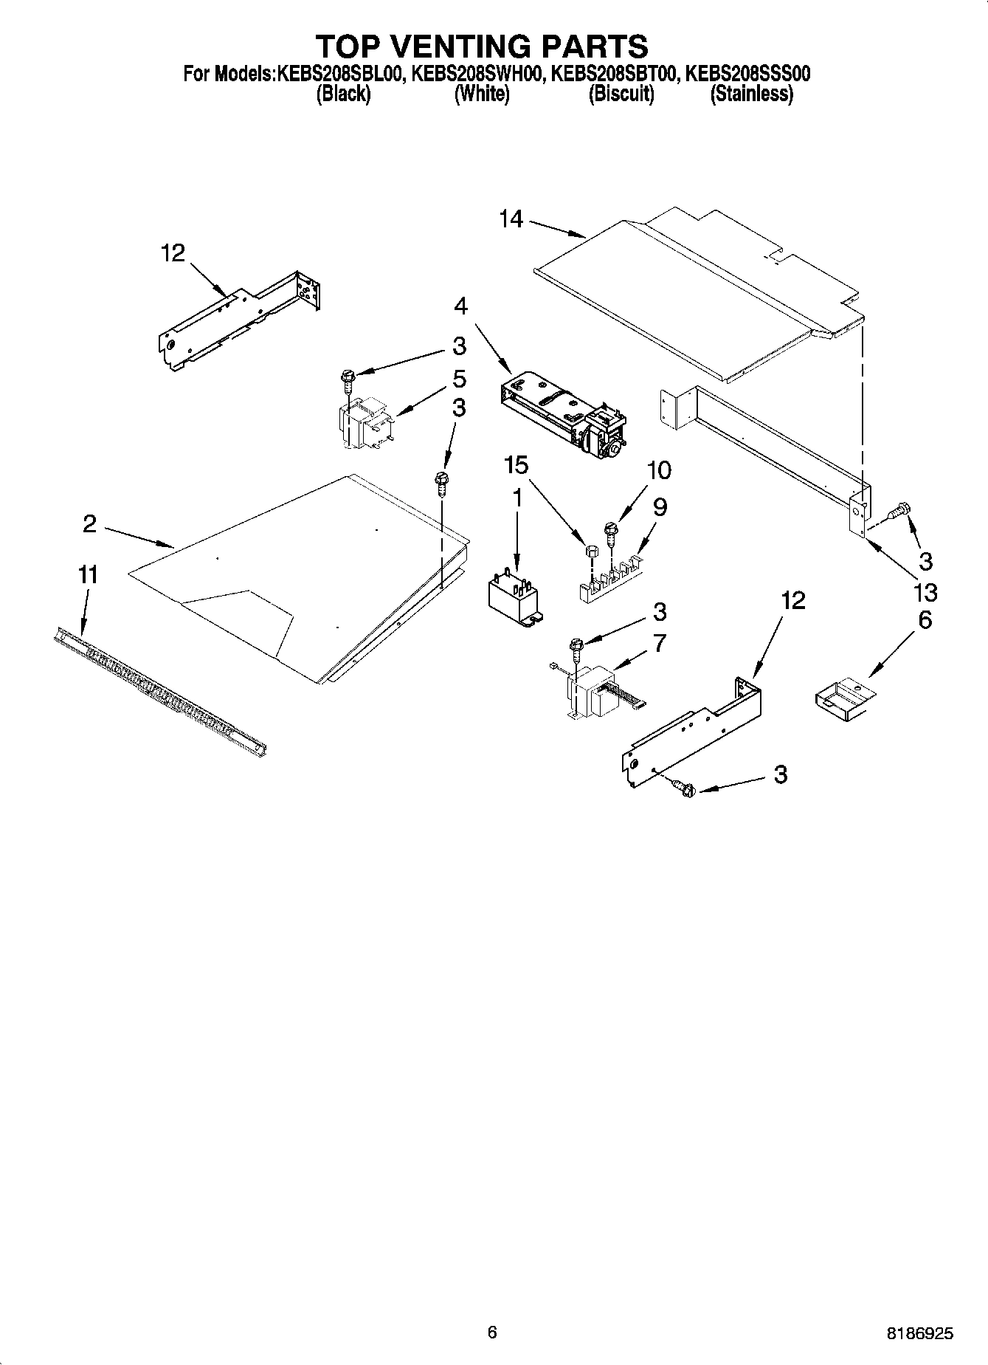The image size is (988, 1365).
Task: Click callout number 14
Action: coord(511,219)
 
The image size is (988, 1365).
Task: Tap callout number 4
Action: coord(460,306)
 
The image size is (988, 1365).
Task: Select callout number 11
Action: coord(88,574)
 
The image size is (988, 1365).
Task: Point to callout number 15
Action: coord(517,465)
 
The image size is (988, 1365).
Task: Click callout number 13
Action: coord(925,591)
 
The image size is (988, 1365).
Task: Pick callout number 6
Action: coord(925,620)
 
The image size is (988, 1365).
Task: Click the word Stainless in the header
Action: coord(751,94)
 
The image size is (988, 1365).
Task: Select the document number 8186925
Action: coord(919,1333)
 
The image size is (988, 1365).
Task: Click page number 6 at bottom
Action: coord(492,1332)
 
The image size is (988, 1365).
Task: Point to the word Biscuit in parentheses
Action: coord(621,94)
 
